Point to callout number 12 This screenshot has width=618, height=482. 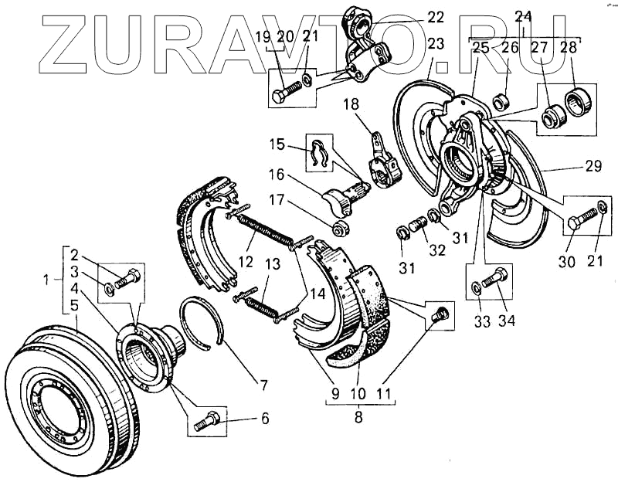pos(246,261)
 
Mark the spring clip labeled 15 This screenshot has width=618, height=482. pos(319,154)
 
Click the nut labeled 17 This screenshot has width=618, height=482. pos(338,229)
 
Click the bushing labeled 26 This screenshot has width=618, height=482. pos(498,101)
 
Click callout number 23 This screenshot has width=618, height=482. pos(435,44)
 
